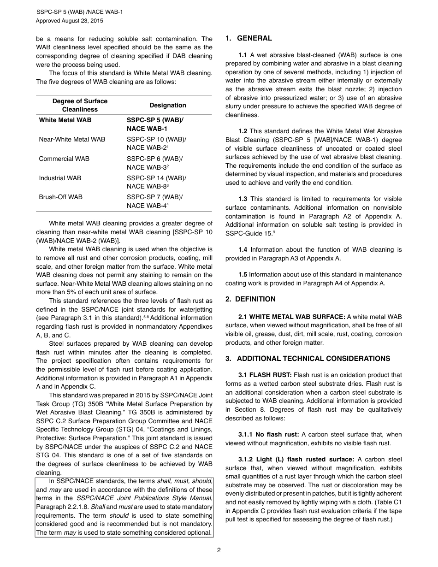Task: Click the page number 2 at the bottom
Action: pos(219,550)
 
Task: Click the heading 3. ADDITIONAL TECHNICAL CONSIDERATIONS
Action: pos(308,359)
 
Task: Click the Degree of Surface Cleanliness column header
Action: pos(80,105)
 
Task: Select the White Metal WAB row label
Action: pos(65,120)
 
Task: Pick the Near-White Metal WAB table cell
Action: pos(72,139)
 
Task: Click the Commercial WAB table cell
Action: pos(64,159)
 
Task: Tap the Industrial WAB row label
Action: pos(60,178)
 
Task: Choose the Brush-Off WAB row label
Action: pos(60,197)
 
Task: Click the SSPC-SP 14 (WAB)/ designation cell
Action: pos(156,178)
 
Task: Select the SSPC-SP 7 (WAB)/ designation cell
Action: pos(154,197)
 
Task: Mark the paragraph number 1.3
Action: pos(243,199)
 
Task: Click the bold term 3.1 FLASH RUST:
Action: pos(265,375)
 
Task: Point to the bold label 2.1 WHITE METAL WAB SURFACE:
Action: pos(291,317)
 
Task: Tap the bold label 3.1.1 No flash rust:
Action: pos(269,434)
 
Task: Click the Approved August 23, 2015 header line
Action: pos(69,21)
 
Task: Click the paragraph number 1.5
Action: pos(243,274)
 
